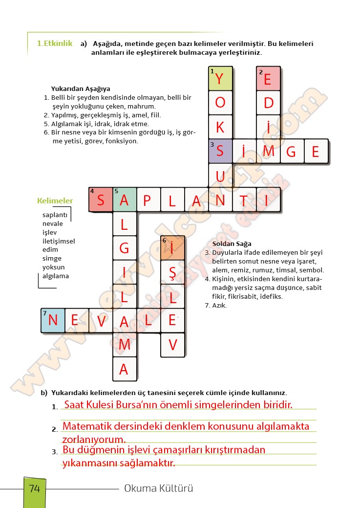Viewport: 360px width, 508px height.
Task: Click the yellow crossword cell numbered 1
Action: point(220,78)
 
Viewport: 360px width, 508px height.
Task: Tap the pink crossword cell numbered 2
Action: point(268,78)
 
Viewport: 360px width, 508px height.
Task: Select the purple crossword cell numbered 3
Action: point(220,151)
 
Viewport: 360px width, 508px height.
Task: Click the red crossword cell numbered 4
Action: point(101,200)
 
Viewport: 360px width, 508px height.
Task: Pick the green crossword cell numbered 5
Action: point(125,200)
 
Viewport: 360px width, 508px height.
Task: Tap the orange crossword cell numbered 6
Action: point(172,247)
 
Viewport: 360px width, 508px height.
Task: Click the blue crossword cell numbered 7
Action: point(53,320)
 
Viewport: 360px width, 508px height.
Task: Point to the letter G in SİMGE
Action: point(292,151)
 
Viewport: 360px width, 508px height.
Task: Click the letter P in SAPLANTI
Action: point(148,200)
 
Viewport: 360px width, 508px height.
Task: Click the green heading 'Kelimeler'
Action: point(55,201)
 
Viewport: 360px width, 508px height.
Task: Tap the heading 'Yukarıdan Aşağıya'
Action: point(81,89)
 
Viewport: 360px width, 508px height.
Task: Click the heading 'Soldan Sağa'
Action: point(232,244)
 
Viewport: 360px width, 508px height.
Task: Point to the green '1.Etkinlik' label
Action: point(55,44)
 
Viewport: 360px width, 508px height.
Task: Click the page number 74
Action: point(35,488)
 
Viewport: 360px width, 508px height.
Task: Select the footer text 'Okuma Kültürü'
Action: point(159,488)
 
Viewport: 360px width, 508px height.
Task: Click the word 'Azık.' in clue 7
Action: point(219,306)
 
